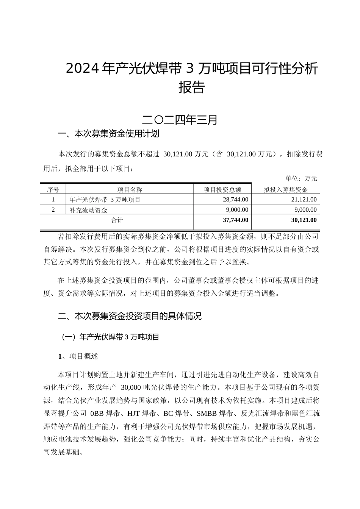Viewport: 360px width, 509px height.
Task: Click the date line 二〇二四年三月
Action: click(180, 120)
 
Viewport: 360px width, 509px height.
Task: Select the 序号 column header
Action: click(53, 190)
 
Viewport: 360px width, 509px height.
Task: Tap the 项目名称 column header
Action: click(130, 190)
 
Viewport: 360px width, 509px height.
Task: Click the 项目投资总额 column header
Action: click(222, 190)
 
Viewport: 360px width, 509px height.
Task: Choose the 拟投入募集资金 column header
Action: click(286, 190)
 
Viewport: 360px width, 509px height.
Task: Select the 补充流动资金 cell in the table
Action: click(89, 210)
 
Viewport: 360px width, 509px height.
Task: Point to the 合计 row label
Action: click(117, 220)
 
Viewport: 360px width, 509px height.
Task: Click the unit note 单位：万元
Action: click(301, 178)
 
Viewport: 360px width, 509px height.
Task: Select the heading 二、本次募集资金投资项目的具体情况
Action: click(130, 316)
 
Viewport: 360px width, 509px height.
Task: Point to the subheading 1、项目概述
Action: click(78, 356)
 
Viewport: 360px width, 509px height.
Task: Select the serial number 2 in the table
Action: click(53, 210)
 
